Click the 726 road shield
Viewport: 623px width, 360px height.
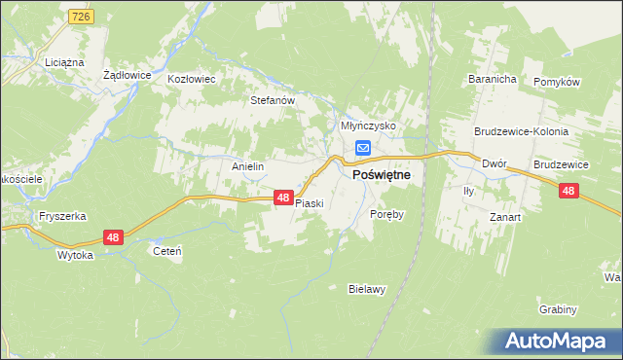point(81,18)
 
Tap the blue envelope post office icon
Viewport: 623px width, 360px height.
point(362,148)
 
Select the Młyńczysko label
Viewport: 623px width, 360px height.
point(367,126)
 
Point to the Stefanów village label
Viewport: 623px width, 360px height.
point(273,99)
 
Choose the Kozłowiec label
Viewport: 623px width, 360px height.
point(191,79)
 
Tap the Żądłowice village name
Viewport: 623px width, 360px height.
point(126,74)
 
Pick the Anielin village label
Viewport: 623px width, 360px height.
point(248,166)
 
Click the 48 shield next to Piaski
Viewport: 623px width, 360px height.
point(282,198)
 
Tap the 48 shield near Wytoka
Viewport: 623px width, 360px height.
point(114,237)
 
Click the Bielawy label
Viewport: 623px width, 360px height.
point(368,288)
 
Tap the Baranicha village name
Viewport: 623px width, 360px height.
point(491,79)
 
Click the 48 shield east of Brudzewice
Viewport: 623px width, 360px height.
point(569,192)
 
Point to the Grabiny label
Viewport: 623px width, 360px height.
point(558,309)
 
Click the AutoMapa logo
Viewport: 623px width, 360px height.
point(559,341)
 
